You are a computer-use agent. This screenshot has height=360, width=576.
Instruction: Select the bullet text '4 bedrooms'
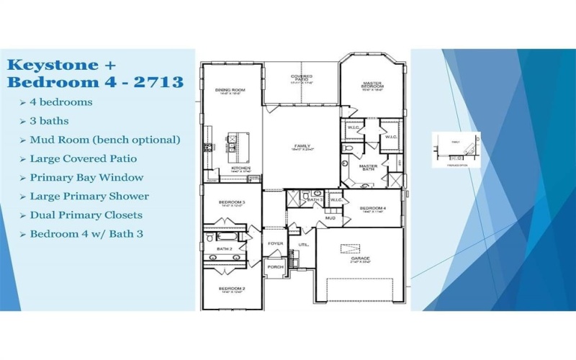(x=60, y=102)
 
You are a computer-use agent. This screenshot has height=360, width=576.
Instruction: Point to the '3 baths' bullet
(x=50, y=121)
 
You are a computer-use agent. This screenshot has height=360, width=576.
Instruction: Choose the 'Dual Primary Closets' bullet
(x=86, y=215)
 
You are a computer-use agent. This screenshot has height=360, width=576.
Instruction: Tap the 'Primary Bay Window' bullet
(x=86, y=177)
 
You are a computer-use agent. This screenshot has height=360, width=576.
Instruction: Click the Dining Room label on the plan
(x=230, y=90)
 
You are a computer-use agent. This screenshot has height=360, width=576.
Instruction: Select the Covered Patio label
(x=301, y=77)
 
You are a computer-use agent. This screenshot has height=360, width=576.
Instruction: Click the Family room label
(x=302, y=145)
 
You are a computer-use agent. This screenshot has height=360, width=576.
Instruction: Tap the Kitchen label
(x=240, y=168)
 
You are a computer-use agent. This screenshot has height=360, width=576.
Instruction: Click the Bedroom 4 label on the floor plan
(x=373, y=208)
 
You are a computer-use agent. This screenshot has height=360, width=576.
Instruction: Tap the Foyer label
(x=276, y=243)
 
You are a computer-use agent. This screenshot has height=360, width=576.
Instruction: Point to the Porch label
(x=275, y=266)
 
